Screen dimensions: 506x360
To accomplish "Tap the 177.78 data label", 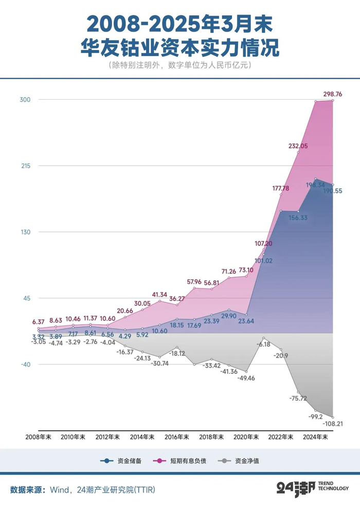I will coord(280,188).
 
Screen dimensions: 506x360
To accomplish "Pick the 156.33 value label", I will coord(298,218).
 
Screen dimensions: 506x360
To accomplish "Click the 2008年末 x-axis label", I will coord(39,437).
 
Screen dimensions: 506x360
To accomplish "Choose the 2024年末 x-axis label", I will coord(315,437).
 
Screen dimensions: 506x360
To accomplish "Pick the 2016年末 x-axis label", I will coord(176,437).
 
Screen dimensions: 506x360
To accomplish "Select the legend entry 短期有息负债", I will coord(188,461).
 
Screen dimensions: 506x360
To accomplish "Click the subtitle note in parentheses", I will coord(180,66).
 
